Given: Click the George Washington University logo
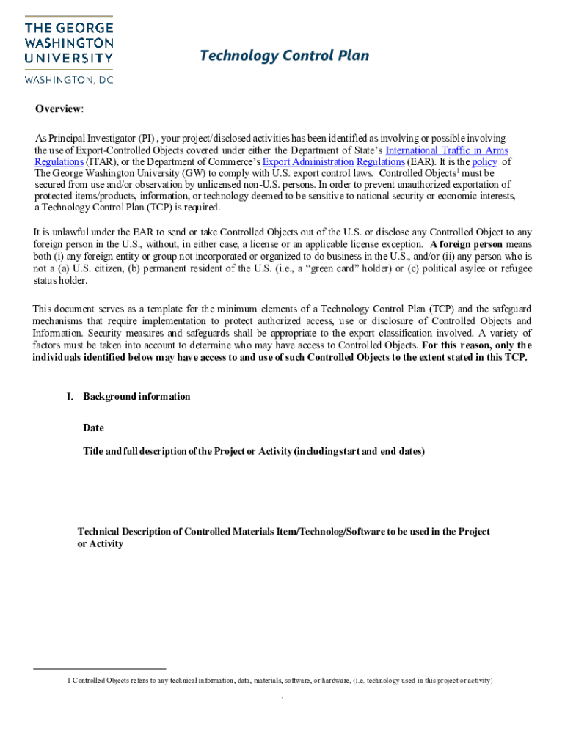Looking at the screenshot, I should pyautogui.click(x=69, y=43).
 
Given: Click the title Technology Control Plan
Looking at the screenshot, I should pyautogui.click(x=285, y=56).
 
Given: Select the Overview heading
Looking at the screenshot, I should pyautogui.click(x=59, y=109).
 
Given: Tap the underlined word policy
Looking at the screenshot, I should pyautogui.click(x=485, y=161).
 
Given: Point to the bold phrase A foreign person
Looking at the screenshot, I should pyautogui.click(x=467, y=244).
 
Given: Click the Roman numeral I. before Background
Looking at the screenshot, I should pyautogui.click(x=70, y=397).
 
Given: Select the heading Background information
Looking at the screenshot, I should pyautogui.click(x=136, y=397).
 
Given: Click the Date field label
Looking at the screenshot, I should pyautogui.click(x=93, y=428).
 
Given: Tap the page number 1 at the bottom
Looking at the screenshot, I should pyautogui.click(x=282, y=700).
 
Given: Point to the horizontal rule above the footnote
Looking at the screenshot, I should pyautogui.click(x=100, y=669).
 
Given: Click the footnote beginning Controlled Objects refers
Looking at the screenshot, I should pyautogui.click(x=280, y=681).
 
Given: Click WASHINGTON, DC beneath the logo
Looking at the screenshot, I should pyautogui.click(x=70, y=78).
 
